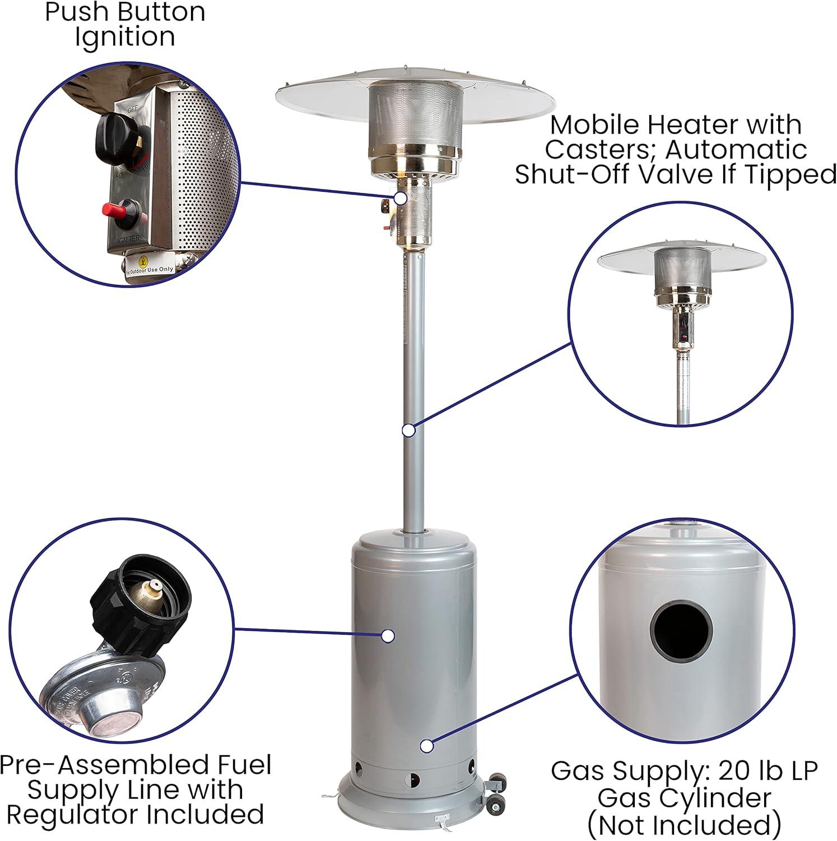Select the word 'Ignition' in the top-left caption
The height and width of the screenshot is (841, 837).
click(125, 37)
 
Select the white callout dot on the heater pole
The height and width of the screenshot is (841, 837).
click(409, 430)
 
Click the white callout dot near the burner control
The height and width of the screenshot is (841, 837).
click(400, 198)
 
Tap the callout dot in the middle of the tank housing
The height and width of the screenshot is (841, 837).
click(388, 636)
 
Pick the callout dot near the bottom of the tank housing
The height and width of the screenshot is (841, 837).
click(427, 746)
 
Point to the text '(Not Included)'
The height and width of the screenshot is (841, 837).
click(684, 824)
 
